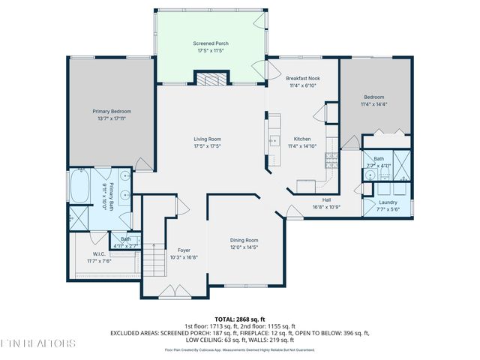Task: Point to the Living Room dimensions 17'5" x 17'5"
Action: (207, 146)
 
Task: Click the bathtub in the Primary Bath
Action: (79, 188)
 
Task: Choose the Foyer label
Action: (184, 250)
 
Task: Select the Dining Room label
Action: (244, 240)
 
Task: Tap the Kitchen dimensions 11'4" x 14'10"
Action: (303, 146)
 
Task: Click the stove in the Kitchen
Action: (330, 159)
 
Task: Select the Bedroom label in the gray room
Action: (374, 97)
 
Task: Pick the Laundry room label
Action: (388, 202)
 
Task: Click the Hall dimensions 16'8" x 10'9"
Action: (327, 206)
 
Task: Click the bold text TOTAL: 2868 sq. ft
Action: (239, 319)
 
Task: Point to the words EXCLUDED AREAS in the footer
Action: (137, 332)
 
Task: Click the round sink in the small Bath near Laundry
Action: (370, 174)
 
